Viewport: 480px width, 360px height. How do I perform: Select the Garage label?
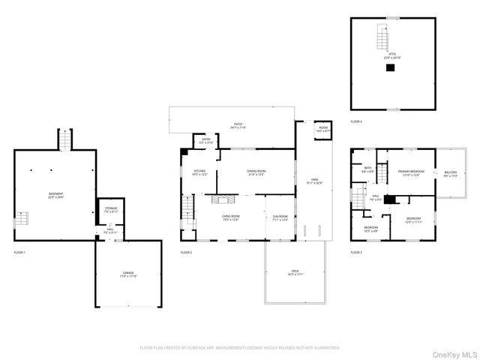pyautogui.click(x=128, y=274)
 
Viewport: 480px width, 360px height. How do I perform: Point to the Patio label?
pyautogui.click(x=238, y=127)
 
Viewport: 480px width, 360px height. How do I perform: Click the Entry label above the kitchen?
pyautogui.click(x=206, y=140)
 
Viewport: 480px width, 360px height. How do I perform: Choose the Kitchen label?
pyautogui.click(x=200, y=172)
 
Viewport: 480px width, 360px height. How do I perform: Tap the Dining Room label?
pyautogui.click(x=256, y=172)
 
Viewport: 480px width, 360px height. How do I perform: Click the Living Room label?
pyautogui.click(x=230, y=218)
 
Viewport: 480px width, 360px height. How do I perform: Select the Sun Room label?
pyautogui.click(x=280, y=218)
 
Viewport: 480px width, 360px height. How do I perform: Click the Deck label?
pyautogui.click(x=295, y=272)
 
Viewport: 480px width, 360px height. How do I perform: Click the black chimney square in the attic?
pyautogui.click(x=389, y=67)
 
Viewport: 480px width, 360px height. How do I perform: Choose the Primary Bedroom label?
pyautogui.click(x=411, y=173)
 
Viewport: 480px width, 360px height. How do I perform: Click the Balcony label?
pyautogui.click(x=450, y=174)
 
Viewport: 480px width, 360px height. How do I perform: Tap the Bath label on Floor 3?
pyautogui.click(x=368, y=170)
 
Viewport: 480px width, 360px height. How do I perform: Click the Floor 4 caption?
pyautogui.click(x=356, y=121)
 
